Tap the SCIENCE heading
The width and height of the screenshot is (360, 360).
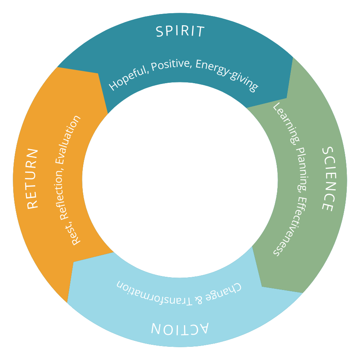pos(328,179)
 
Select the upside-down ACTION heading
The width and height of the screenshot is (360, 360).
pos(180,328)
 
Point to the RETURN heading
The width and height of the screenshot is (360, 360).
pos(32,178)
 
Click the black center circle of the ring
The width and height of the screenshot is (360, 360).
pos(180,180)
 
